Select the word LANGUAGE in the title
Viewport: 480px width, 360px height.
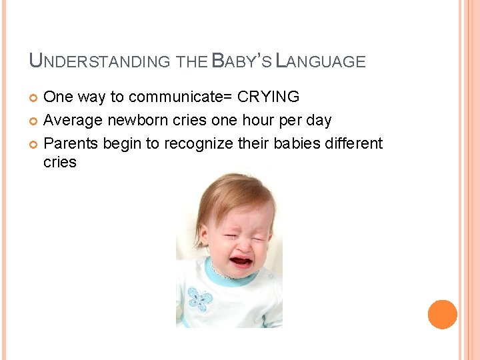click(x=321, y=62)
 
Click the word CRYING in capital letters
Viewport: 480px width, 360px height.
click(x=269, y=97)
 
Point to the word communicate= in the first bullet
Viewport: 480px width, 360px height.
click(x=181, y=97)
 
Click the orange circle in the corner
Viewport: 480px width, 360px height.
click(x=443, y=314)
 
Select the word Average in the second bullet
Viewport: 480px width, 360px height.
click(x=73, y=121)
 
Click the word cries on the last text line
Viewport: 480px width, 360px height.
click(x=60, y=162)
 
